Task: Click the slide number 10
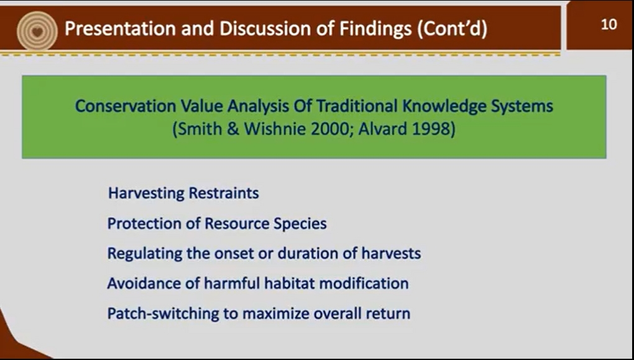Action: pos(609,25)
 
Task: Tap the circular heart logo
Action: pos(37,31)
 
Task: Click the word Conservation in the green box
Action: pos(126,106)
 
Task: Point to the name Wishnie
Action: pos(275,129)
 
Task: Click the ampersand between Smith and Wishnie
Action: pos(233,129)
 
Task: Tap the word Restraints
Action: pos(224,193)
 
